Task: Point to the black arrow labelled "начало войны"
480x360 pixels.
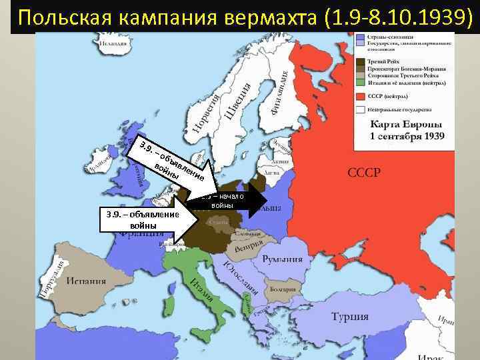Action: (x=230, y=201)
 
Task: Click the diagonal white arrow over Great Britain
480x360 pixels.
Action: (x=175, y=163)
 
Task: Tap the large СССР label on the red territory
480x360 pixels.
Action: (x=363, y=173)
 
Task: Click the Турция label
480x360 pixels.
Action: (x=351, y=317)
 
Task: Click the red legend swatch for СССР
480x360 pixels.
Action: (x=361, y=95)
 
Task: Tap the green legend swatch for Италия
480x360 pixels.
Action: (x=361, y=83)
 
